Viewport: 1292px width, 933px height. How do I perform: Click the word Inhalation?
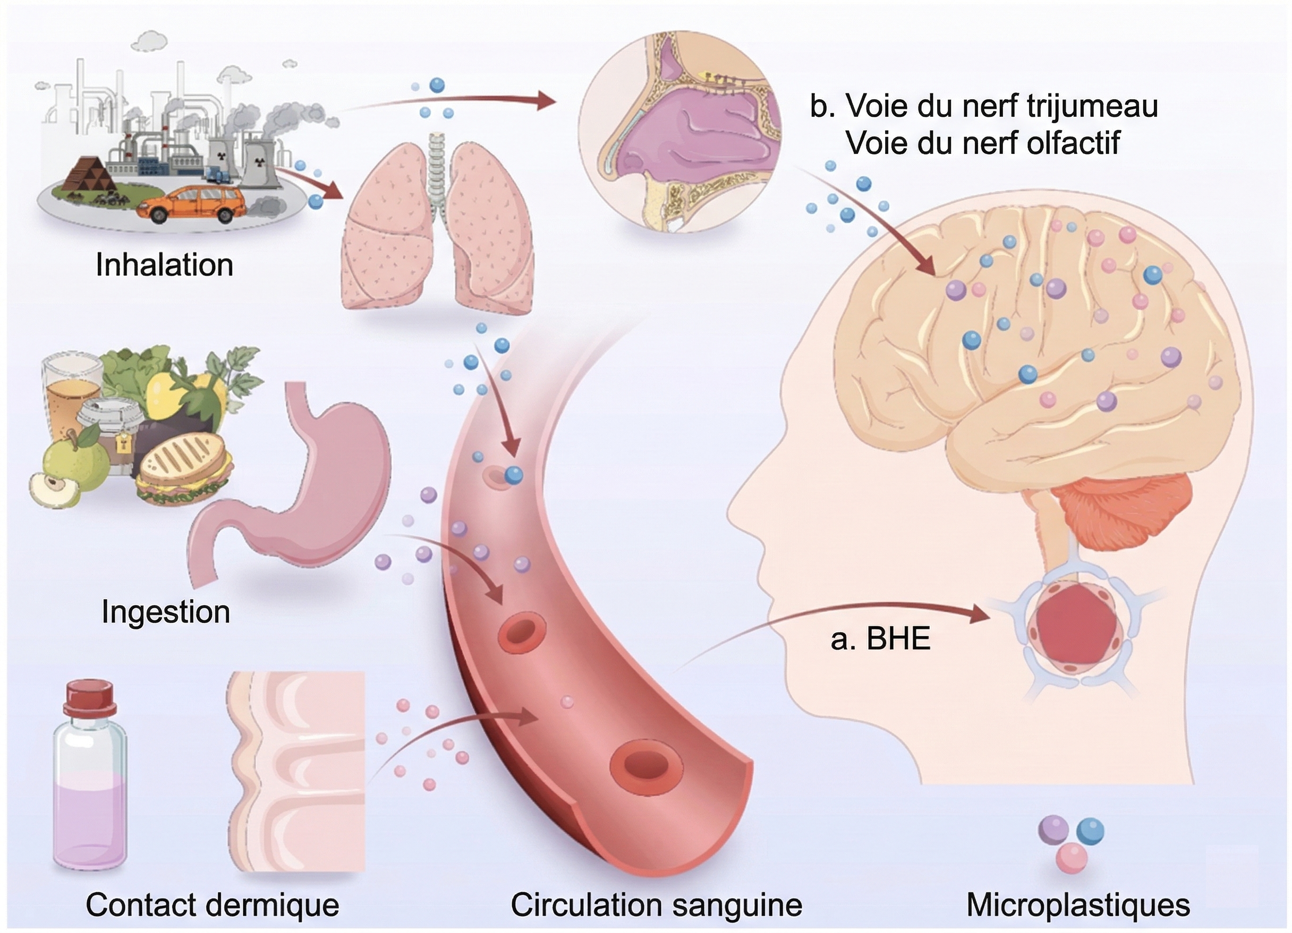pyautogui.click(x=164, y=265)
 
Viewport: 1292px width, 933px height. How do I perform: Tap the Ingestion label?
pyautogui.click(x=165, y=612)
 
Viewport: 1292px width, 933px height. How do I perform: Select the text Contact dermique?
pyautogui.click(x=212, y=904)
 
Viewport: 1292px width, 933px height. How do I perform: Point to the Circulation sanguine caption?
pyautogui.click(x=656, y=904)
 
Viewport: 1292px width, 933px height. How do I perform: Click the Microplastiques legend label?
pyautogui.click(x=1078, y=904)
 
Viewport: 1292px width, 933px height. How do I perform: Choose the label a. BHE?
pyautogui.click(x=880, y=638)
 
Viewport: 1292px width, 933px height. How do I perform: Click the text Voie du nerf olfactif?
pyautogui.click(x=983, y=142)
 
